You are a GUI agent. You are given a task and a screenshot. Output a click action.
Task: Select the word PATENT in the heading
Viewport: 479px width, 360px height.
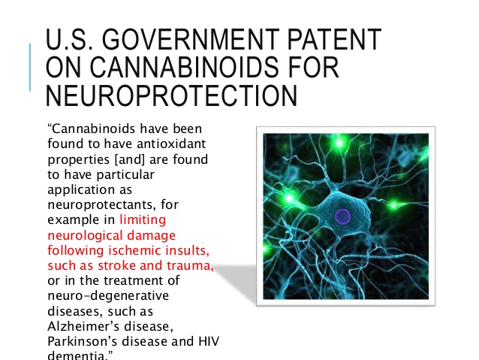pyautogui.click(x=335, y=39)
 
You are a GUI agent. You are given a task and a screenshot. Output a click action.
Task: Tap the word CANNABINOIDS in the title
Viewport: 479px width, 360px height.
pyautogui.click(x=184, y=67)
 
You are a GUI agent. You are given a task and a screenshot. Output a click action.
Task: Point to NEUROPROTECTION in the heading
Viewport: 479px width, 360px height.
pyautogui.click(x=171, y=95)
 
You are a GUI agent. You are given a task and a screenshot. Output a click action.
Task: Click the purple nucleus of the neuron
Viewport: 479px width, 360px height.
pyautogui.click(x=342, y=216)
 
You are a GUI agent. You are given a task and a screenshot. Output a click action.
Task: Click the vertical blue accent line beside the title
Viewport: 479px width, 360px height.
pyautogui.click(x=30, y=68)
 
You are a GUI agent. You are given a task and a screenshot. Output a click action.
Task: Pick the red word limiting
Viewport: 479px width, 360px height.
pyautogui.click(x=143, y=219)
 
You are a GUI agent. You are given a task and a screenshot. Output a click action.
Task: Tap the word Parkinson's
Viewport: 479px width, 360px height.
pyautogui.click(x=82, y=341)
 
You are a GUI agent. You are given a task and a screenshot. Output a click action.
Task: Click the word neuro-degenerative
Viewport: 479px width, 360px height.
pyautogui.click(x=108, y=296)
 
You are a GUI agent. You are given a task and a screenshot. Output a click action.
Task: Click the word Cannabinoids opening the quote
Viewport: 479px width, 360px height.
pyautogui.click(x=92, y=129)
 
